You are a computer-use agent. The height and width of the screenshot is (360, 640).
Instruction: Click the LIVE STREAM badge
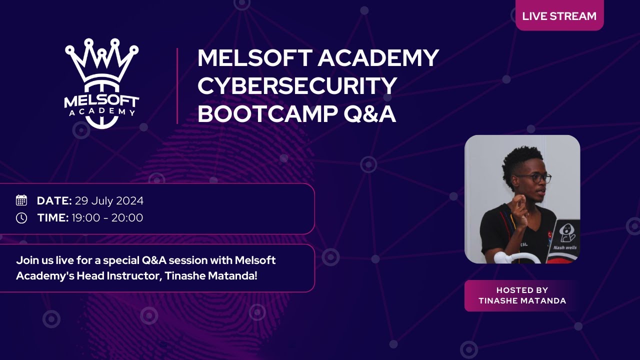pos(559,15)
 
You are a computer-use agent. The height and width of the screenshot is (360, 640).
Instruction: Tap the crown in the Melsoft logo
pos(101,60)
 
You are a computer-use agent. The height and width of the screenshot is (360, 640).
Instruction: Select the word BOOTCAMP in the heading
pos(267,114)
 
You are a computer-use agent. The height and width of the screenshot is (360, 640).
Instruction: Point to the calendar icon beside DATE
pos(21,200)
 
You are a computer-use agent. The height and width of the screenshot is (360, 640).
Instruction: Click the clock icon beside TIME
pos(21,218)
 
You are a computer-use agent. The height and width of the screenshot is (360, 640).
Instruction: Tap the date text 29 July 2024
pos(109,201)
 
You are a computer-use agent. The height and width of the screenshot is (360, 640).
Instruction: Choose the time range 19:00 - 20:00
pos(107,218)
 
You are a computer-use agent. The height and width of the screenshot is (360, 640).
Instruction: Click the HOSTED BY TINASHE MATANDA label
pos(522,295)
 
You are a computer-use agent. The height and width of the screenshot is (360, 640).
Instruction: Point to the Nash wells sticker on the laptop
pos(565,236)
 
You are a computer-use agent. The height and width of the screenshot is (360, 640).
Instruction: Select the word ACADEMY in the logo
pos(102,111)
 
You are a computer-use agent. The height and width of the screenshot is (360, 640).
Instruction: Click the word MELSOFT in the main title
pos(255,58)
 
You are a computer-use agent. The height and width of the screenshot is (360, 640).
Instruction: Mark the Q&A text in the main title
pos(369,114)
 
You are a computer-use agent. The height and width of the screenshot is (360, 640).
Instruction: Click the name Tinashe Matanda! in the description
pos(211,276)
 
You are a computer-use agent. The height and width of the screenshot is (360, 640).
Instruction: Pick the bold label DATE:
pos(54,201)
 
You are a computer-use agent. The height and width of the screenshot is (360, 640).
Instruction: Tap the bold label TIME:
pos(53,218)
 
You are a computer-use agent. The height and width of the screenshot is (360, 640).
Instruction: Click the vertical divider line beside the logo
pos(177,86)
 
